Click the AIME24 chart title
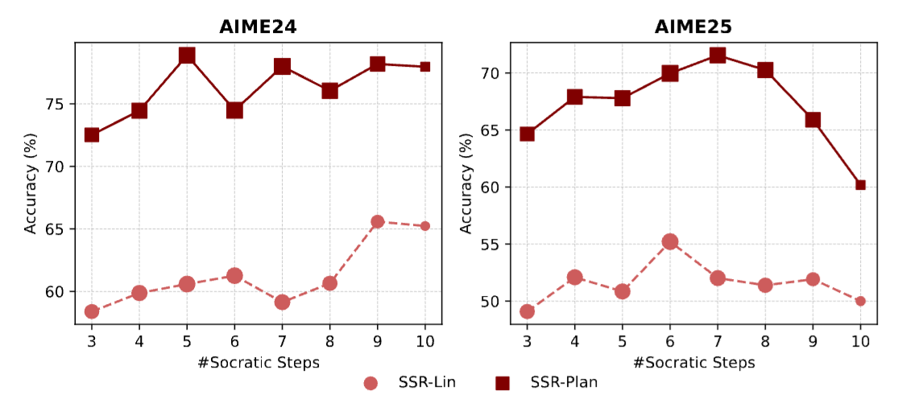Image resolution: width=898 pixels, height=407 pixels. pos(258,27)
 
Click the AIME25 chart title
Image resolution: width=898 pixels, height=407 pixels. pos(693,27)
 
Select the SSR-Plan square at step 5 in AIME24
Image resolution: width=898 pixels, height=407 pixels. pos(187,55)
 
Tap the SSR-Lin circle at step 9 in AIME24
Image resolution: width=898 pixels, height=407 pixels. pos(377,221)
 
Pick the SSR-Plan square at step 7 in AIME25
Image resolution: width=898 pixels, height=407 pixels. pos(718,55)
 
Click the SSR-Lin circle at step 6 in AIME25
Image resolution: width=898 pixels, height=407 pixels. pos(670,241)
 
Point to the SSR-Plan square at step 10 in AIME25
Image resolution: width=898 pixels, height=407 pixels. pos(860,185)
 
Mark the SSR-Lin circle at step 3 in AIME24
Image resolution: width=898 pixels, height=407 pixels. pos(92,311)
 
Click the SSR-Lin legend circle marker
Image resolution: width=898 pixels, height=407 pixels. pos(371,383)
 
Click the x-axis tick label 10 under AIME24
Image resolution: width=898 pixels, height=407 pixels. pos(424,341)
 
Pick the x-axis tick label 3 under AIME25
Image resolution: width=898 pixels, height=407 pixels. pos(527,341)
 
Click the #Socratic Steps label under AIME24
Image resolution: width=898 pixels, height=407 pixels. pos(258,362)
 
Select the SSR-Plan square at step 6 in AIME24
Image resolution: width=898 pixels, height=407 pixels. pos(234,110)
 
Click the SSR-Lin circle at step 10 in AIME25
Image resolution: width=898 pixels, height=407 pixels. pos(860,301)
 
